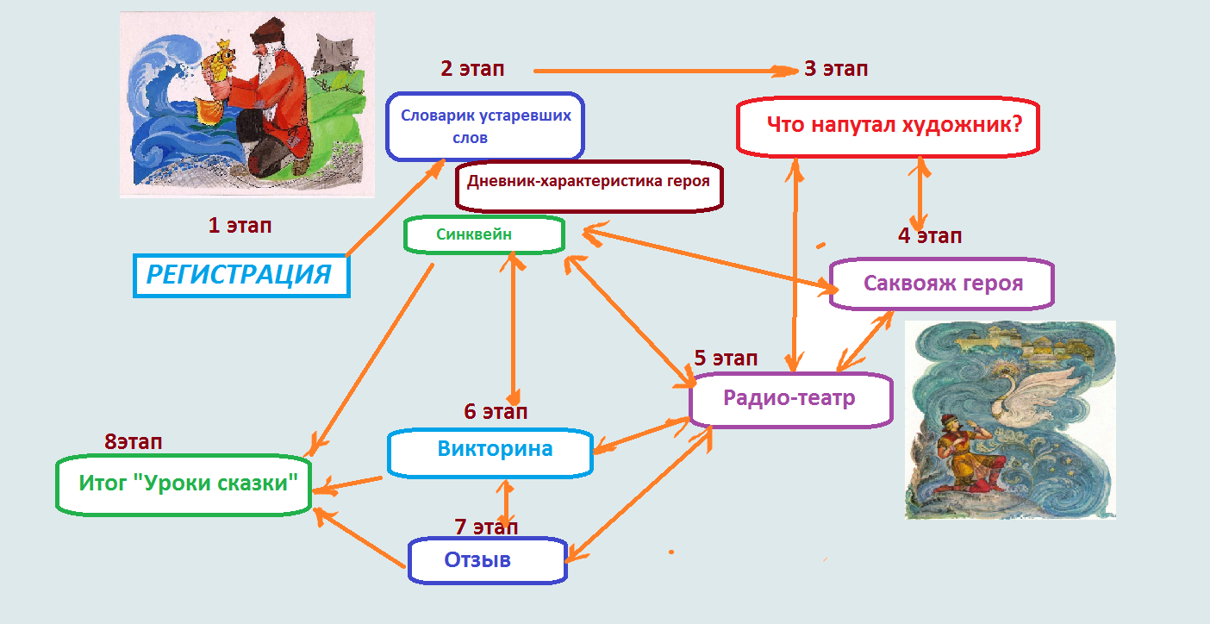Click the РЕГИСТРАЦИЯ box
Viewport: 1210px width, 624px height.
point(241,275)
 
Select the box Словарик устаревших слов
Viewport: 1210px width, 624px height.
point(485,127)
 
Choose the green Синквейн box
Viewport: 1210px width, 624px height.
point(483,234)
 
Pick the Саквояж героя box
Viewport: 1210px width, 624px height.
point(942,284)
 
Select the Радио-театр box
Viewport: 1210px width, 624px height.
point(789,398)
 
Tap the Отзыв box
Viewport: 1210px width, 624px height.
point(487,560)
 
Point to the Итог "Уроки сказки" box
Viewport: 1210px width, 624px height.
point(184,485)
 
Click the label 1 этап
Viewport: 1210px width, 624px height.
point(240,226)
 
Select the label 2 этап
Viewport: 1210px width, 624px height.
point(472,69)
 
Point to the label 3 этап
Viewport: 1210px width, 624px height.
point(835,69)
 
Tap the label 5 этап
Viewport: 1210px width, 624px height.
point(726,358)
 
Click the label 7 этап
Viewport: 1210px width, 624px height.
point(486,526)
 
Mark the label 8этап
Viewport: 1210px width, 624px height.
point(134,442)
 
